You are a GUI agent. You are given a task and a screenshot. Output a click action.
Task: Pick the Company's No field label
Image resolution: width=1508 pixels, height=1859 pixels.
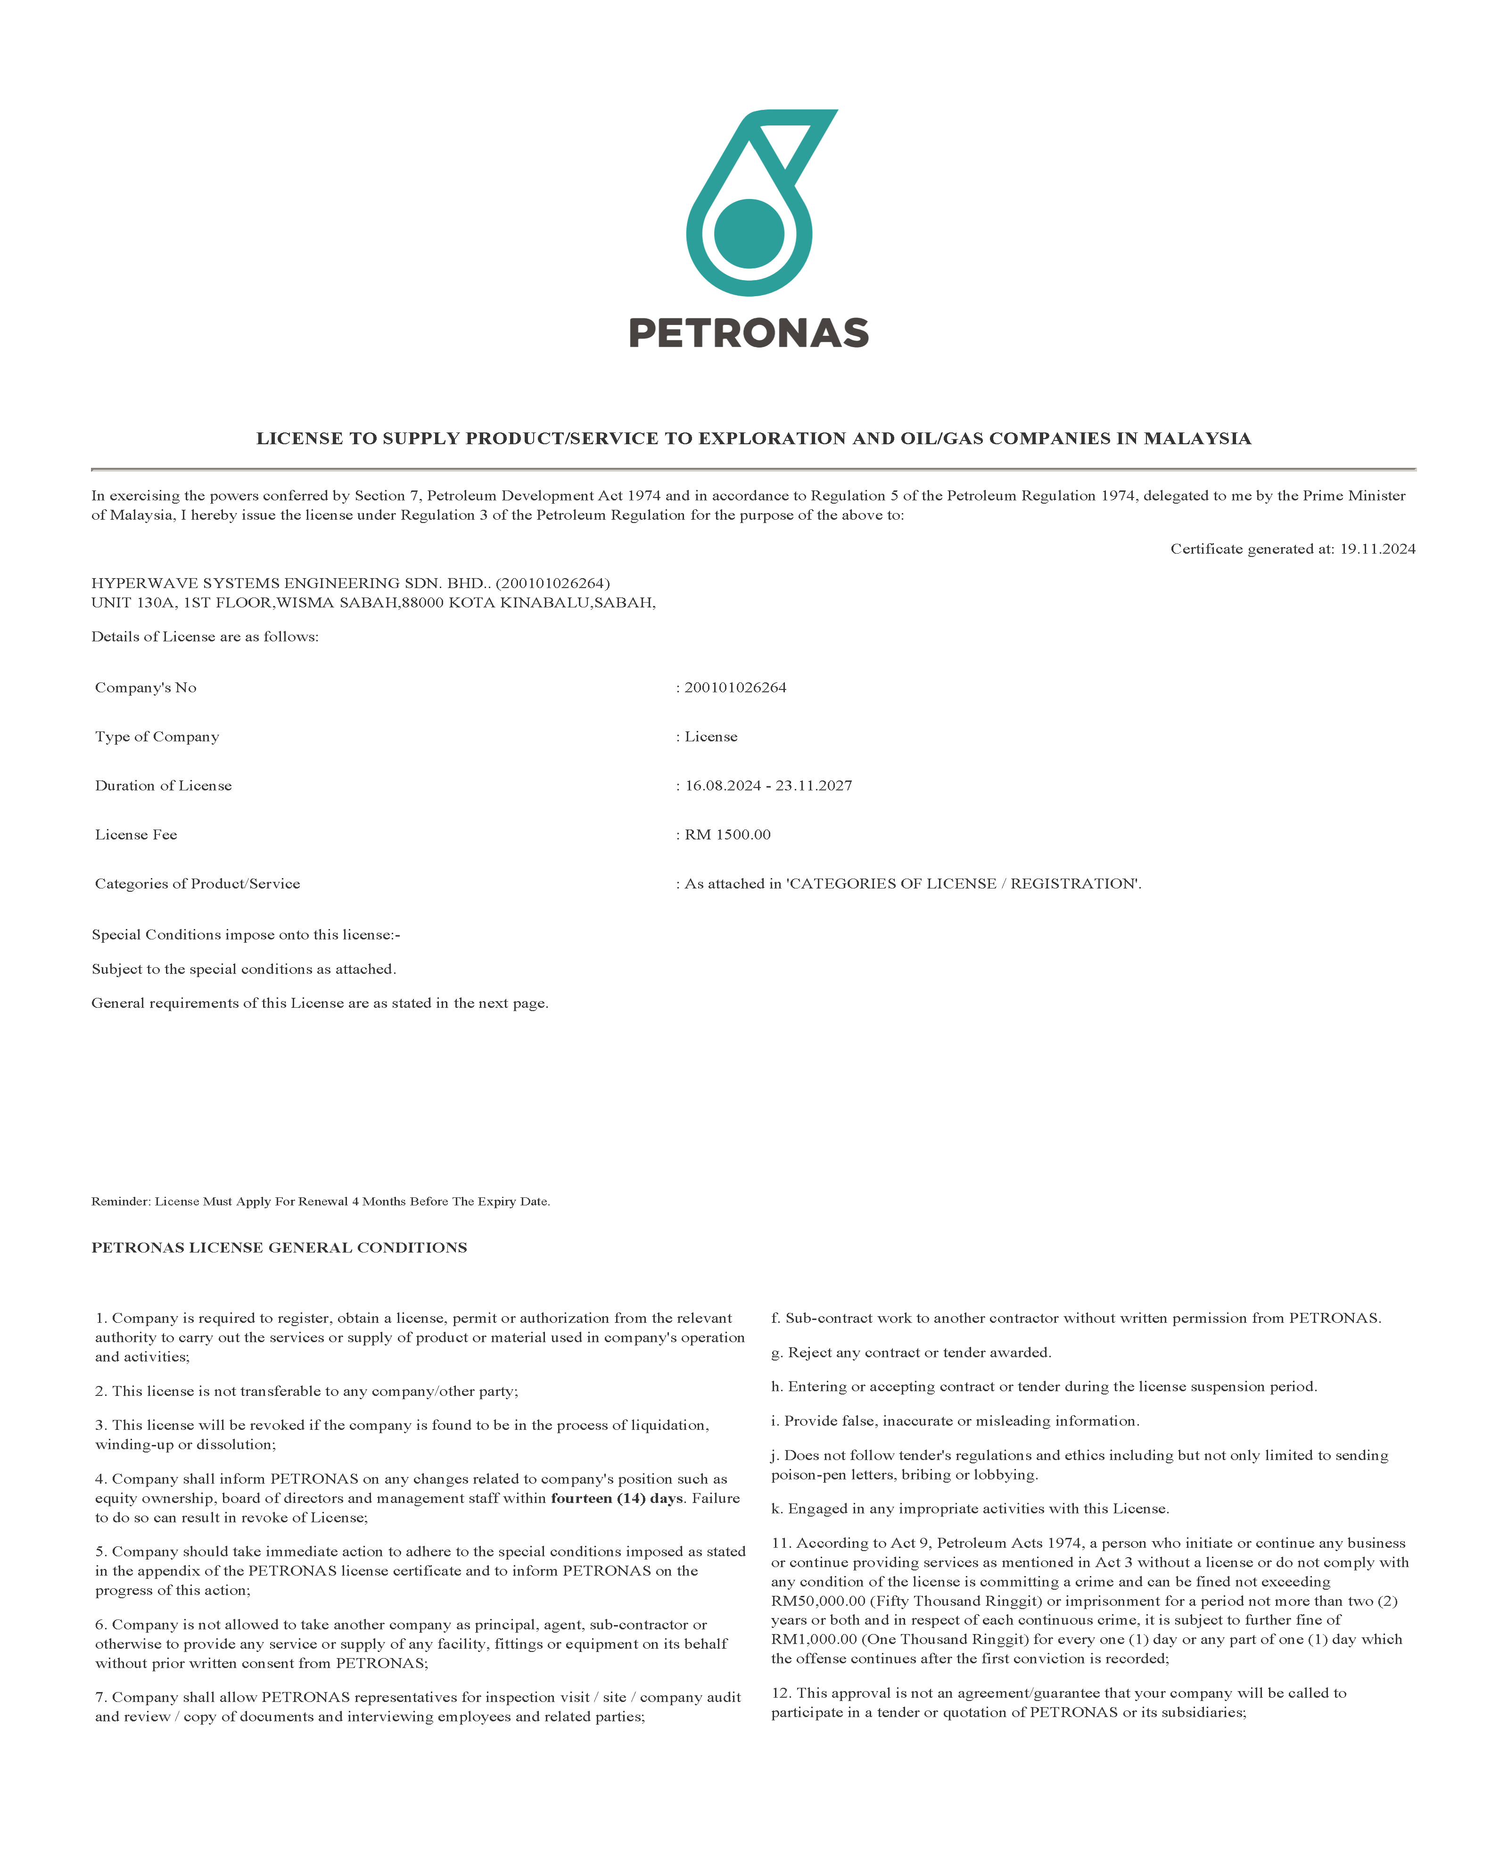coord(146,688)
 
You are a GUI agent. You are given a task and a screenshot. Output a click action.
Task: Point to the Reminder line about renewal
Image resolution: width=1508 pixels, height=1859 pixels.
coord(321,1201)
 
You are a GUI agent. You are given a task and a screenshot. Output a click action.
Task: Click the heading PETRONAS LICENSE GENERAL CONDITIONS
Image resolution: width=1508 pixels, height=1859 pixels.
coord(279,1247)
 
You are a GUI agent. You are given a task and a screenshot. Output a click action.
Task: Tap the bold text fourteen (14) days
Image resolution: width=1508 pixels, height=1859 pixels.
coord(617,1498)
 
